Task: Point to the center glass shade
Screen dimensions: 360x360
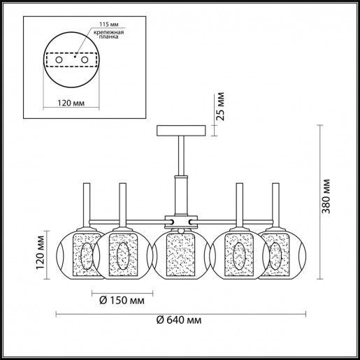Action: click(180, 252)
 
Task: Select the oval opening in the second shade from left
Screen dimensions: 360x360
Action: click(122, 257)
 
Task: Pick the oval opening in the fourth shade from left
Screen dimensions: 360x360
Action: click(238, 257)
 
